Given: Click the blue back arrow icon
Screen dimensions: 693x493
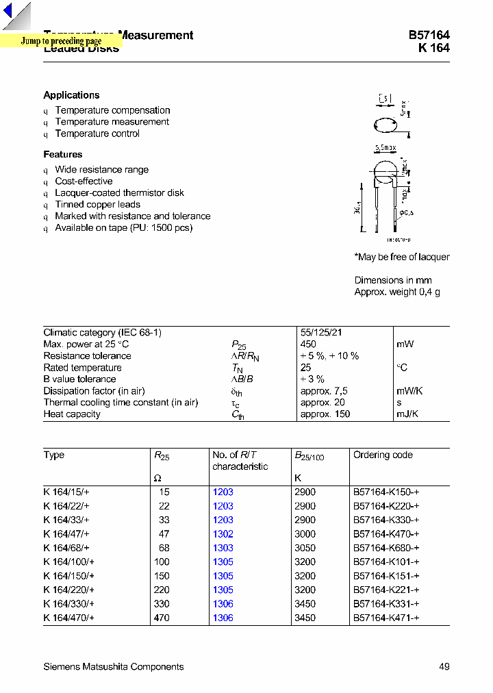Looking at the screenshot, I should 9,12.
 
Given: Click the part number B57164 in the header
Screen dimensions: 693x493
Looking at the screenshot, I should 429,36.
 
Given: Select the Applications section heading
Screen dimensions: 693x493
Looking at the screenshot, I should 71,95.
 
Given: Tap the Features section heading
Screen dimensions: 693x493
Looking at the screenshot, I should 62,155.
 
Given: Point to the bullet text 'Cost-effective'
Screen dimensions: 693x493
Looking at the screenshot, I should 84,181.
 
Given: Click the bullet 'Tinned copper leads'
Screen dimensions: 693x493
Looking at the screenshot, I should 97,205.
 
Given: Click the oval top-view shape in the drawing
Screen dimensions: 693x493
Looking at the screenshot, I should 385,125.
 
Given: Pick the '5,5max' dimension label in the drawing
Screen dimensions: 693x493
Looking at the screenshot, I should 385,148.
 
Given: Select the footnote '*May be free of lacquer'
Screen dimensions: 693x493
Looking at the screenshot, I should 402,257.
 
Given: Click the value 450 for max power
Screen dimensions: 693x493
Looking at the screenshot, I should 308,344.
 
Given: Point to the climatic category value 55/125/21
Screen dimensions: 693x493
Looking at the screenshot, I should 321,333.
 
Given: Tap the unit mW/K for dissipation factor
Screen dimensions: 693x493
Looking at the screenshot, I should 409,391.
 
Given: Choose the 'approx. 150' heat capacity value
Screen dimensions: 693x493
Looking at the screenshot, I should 325,414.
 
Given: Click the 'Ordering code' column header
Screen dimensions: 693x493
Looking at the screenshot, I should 383,455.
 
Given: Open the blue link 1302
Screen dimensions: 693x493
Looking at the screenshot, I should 223,534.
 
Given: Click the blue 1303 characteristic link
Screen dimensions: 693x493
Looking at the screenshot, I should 223,548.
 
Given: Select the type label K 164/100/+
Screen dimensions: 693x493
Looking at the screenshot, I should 68,562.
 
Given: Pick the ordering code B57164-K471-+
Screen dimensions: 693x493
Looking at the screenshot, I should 386,618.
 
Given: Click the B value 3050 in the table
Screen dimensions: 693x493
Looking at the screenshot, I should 305,548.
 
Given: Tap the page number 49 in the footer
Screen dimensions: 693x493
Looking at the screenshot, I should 444,667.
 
